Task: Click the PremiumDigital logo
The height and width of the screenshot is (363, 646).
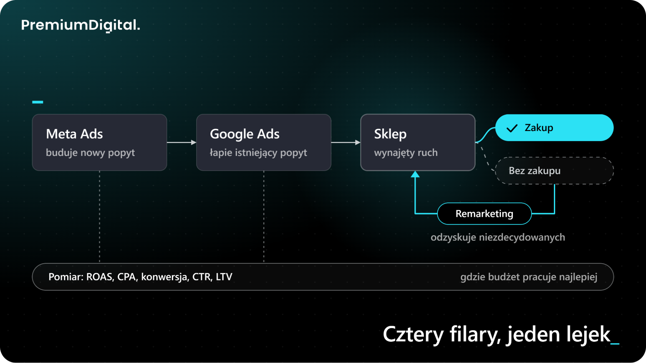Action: pos(80,25)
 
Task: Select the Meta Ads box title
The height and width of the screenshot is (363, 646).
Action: pos(74,134)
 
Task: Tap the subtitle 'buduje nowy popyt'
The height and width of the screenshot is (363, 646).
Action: pos(90,153)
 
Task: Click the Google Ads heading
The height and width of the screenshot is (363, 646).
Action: pos(245,134)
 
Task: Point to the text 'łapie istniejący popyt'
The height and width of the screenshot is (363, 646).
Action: pos(258,153)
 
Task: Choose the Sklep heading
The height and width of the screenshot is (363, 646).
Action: pos(390,134)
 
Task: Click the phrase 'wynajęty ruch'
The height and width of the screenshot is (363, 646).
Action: pos(406,153)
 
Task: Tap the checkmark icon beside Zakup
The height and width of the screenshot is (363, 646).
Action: pos(512,128)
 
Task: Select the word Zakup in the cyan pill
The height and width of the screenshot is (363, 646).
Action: pos(539,128)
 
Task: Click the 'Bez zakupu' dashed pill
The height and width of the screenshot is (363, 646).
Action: pos(554,171)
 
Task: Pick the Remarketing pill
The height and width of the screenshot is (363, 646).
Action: pos(484,214)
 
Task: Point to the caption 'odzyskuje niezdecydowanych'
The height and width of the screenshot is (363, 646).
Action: pos(498,237)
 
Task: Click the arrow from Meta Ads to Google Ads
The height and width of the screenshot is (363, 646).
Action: pos(182,142)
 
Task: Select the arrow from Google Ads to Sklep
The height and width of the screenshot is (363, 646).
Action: pos(346,142)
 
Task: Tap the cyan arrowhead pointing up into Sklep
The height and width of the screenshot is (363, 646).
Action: pos(415,175)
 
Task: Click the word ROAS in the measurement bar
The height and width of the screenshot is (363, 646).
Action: pos(100,277)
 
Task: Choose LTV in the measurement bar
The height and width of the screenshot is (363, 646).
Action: pos(224,277)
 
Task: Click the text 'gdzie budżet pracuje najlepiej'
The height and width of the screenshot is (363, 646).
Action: pos(529,277)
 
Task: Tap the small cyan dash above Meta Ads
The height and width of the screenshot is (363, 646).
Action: pos(37,102)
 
